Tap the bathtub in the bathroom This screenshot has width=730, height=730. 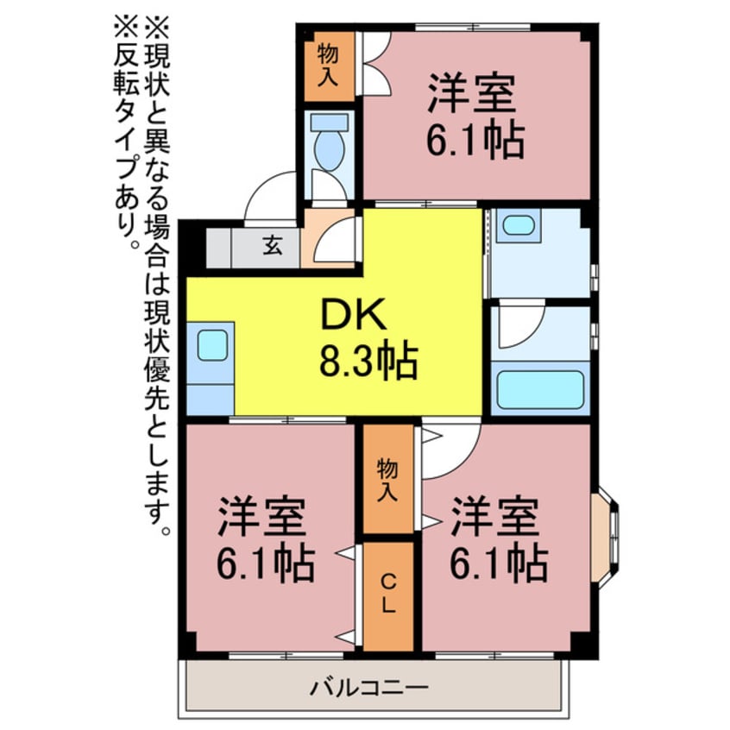[x=540, y=389]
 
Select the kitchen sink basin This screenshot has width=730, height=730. [x=212, y=345]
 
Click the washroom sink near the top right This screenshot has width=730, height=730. [x=519, y=226]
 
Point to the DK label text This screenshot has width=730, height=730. [x=355, y=314]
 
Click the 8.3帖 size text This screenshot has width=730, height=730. [x=368, y=361]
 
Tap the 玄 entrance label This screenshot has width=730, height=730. [x=273, y=245]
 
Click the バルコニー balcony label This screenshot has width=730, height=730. [x=368, y=687]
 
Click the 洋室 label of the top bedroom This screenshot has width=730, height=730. [x=472, y=92]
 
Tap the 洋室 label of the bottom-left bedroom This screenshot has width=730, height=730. [x=262, y=516]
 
